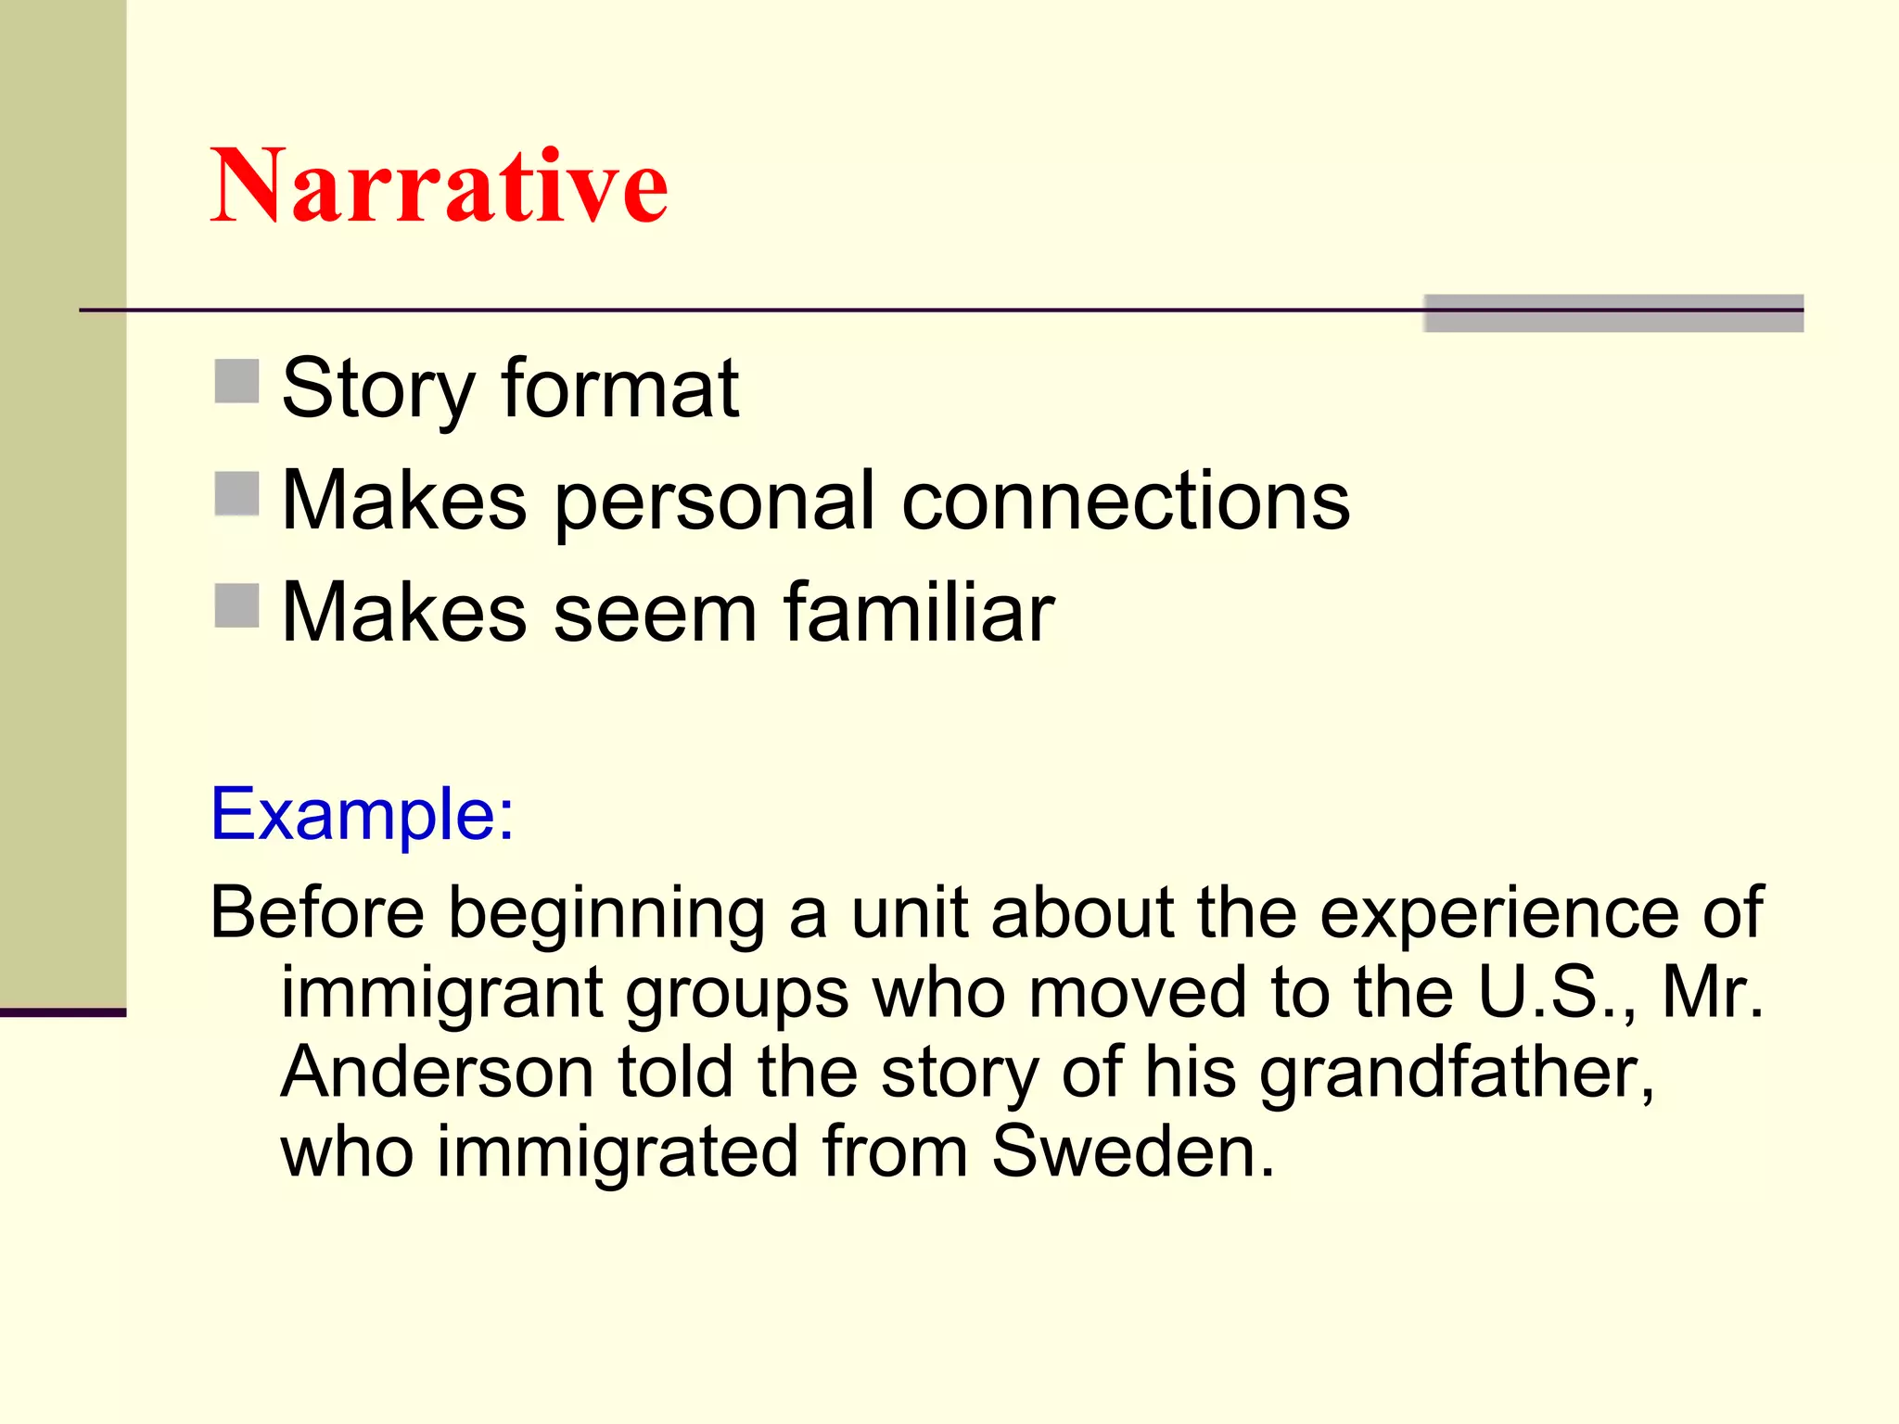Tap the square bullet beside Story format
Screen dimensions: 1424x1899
236,382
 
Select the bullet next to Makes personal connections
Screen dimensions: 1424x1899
236,493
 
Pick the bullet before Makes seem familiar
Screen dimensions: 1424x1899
236,605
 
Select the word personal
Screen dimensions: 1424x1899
714,502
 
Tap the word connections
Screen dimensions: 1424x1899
1126,501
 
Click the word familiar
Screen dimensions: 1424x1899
919,612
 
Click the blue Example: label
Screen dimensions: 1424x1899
362,814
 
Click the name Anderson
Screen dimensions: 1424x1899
437,1072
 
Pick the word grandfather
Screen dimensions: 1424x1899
1457,1074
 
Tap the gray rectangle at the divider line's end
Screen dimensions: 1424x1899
1613,313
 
